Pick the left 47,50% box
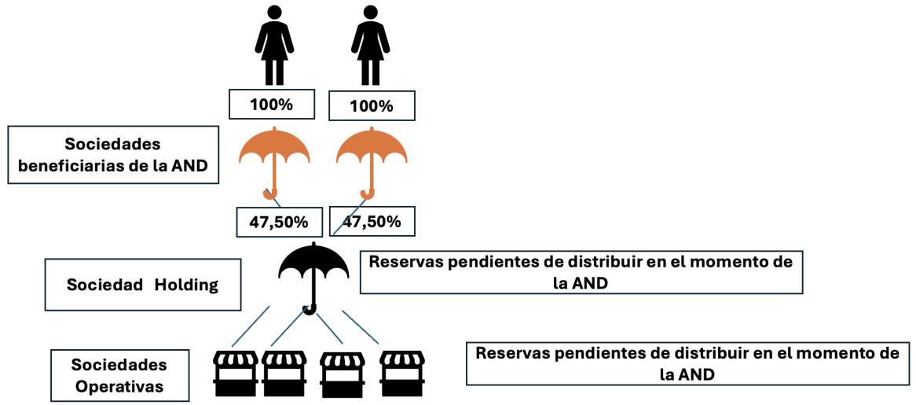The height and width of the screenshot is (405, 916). click(x=279, y=223)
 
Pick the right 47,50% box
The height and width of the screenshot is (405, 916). click(x=372, y=222)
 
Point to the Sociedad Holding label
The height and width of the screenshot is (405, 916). click(x=131, y=285)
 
